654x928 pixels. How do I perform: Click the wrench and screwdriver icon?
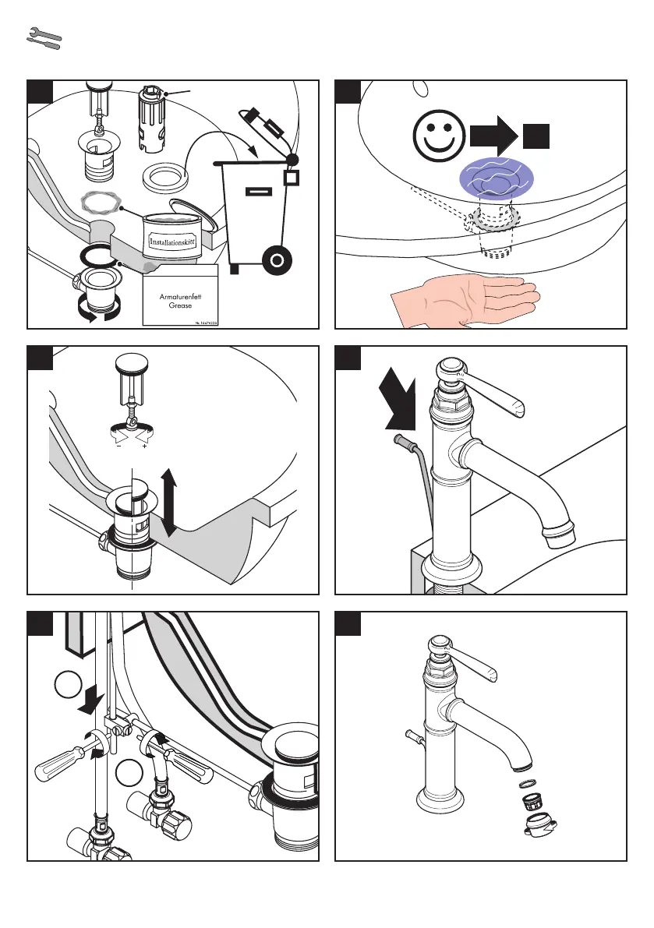click(x=44, y=40)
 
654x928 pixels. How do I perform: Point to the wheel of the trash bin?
click(x=277, y=259)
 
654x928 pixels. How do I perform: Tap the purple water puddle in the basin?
click(x=496, y=177)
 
